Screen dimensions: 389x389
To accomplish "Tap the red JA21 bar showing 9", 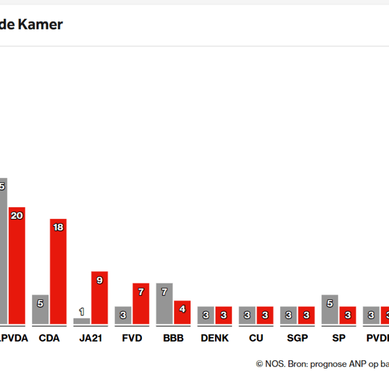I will pos(100,298).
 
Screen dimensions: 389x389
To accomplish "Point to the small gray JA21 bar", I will pos(82,321).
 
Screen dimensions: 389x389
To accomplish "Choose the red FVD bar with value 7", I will pos(141,303).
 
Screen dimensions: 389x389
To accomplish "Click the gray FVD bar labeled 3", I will pos(123,315).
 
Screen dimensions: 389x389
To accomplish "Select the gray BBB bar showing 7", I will pos(164,303).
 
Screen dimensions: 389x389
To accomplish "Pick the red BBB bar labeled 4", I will pos(182,312).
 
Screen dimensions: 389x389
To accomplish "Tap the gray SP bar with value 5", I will pos(330,309).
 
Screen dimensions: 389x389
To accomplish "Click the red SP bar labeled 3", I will pos(348,315).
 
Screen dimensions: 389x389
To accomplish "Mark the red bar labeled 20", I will pos(17,265).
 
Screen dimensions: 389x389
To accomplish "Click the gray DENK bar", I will pos(206,315).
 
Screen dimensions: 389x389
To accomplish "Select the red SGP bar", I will pos(306,315).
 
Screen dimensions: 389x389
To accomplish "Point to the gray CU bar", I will pos(247,315).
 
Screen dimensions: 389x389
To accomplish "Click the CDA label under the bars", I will pos(49,337).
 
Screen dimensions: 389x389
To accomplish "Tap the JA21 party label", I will pos(90,337).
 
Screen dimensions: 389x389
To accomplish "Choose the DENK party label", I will pos(214,337).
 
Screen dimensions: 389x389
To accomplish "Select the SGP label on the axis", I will pos(297,337).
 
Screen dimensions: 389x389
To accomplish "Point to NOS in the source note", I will pos(273,364).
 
